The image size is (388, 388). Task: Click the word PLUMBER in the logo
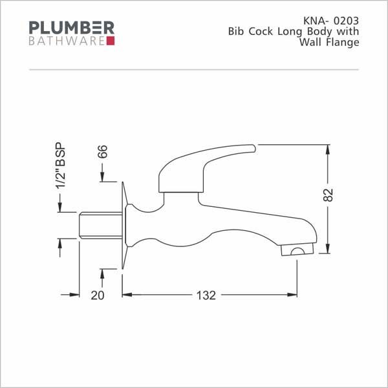click(72, 27)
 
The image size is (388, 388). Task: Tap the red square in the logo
click(111, 41)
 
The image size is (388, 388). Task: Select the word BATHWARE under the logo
click(67, 41)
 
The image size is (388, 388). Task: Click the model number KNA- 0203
click(331, 21)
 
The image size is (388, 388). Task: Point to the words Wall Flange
click(329, 42)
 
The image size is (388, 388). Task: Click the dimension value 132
click(206, 296)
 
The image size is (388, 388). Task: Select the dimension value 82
click(328, 195)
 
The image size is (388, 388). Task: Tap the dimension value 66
click(102, 152)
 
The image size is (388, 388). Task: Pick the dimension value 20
click(98, 296)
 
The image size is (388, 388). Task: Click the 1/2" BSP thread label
click(61, 166)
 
